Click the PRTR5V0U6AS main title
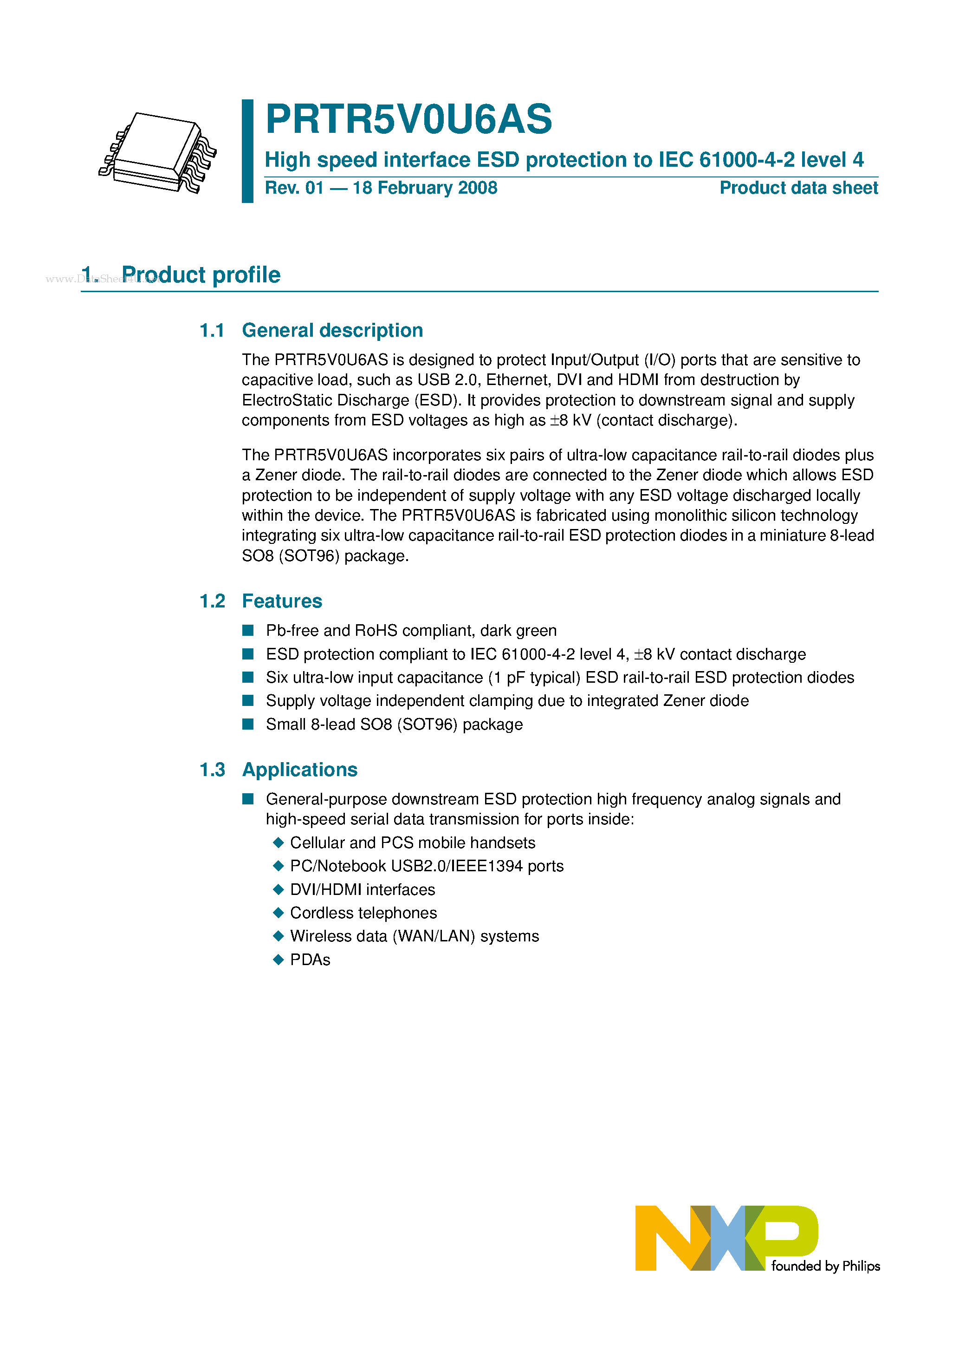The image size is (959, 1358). [x=408, y=119]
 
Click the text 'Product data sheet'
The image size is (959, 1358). [x=798, y=188]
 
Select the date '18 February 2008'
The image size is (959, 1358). [x=425, y=188]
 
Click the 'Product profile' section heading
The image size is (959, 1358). [x=201, y=275]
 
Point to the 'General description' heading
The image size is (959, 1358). [x=332, y=330]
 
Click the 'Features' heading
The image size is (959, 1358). [x=282, y=601]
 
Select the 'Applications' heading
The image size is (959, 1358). [x=300, y=770]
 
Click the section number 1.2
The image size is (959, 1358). [x=212, y=601]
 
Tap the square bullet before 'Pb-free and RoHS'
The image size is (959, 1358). [x=248, y=631]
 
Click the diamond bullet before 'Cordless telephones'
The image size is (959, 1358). [x=279, y=913]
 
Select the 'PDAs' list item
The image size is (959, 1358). [x=310, y=960]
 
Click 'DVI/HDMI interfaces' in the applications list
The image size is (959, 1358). [x=363, y=889]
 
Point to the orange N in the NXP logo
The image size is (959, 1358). [x=662, y=1238]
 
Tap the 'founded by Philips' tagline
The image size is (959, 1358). [x=825, y=1267]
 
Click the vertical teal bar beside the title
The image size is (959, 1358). [x=248, y=151]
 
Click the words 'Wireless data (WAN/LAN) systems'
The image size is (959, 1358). [x=414, y=936]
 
